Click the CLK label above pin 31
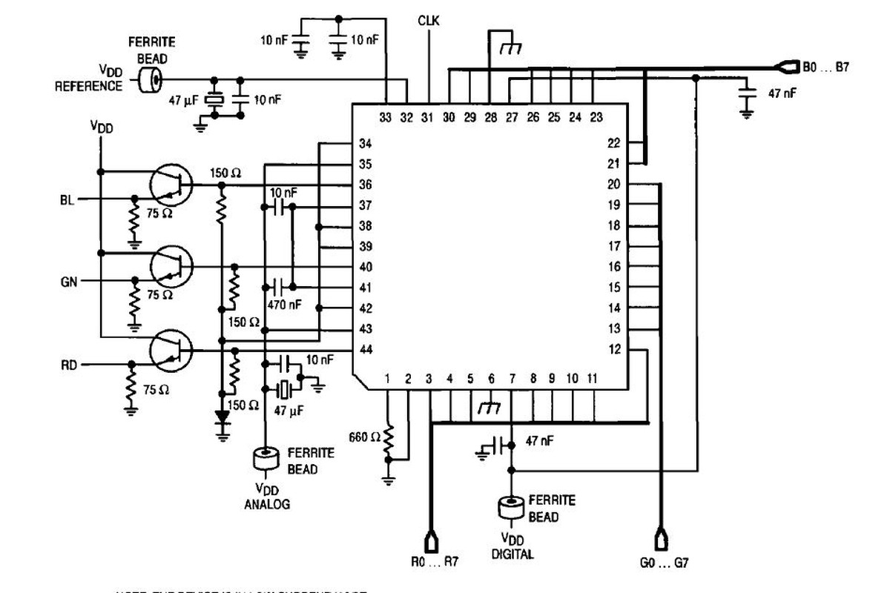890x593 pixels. click(429, 21)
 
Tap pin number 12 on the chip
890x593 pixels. click(614, 350)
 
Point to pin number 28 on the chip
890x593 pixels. click(491, 117)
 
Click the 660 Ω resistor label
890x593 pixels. click(365, 437)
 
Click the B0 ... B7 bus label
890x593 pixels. click(825, 67)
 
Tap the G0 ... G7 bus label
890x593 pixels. click(665, 563)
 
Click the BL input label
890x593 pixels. click(67, 199)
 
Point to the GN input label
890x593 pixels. click(67, 281)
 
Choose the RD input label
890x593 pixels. click(67, 365)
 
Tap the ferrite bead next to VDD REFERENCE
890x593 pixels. click(151, 80)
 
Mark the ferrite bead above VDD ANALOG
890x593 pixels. click(265, 458)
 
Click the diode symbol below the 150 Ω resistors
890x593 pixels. click(221, 418)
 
